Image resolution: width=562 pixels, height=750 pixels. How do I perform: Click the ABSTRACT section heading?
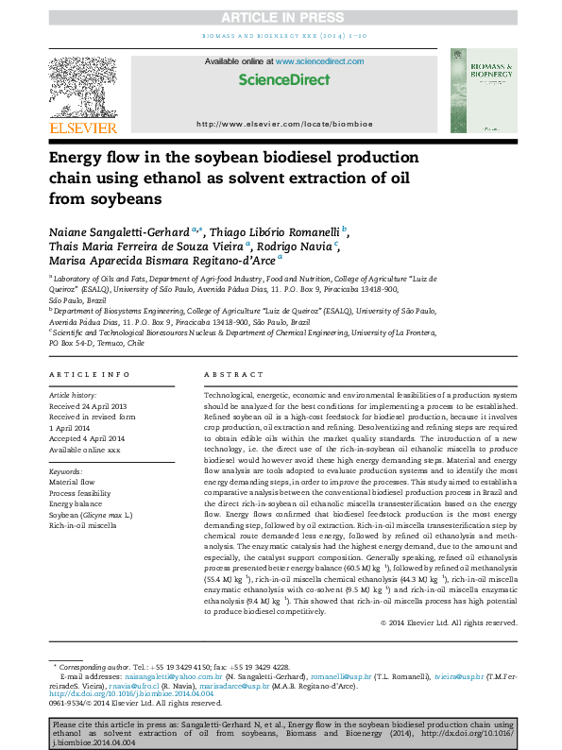click(x=230, y=375)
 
